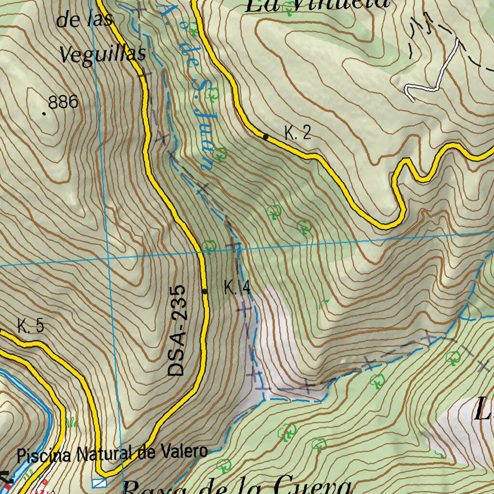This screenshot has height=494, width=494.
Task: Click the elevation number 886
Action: click(63, 102)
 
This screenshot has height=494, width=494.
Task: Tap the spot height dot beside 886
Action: click(44, 114)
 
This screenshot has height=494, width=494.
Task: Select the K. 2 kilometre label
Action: click(297, 133)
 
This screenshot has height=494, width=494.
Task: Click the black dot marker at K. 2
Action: click(265, 137)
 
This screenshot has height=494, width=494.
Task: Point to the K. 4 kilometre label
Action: click(237, 288)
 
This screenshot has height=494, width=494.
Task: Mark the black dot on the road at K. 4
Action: click(205, 291)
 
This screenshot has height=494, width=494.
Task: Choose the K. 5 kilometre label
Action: click(30, 326)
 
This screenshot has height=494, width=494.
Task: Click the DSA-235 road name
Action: click(177, 331)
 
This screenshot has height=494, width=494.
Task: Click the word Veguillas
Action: click(103, 54)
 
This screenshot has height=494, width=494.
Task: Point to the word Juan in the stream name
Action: click(204, 144)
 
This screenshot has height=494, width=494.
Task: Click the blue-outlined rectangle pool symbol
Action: click(99, 483)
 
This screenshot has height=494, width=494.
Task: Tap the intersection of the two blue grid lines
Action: click(109, 258)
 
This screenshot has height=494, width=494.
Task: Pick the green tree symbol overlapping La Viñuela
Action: click(288, 7)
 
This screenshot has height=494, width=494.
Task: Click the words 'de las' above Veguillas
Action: click(84, 20)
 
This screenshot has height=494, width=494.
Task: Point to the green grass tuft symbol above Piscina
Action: click(71, 423)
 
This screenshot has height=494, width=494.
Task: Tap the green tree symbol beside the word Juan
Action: click(220, 154)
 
